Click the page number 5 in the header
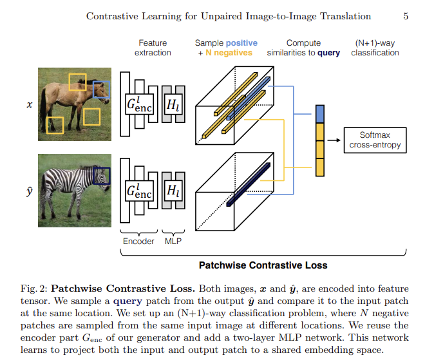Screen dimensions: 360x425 pyautogui.click(x=406, y=16)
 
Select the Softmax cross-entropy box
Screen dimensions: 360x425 pyautogui.click(x=375, y=139)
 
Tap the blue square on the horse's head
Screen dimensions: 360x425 pyautogui.click(x=101, y=90)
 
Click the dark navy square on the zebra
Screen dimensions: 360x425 pyautogui.click(x=101, y=176)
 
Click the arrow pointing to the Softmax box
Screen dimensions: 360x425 pyautogui.click(x=334, y=139)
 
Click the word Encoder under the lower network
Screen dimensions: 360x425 pyautogui.click(x=138, y=241)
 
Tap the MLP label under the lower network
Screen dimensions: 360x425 pyautogui.click(x=173, y=241)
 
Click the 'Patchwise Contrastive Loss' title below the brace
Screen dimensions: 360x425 pyautogui.click(x=263, y=265)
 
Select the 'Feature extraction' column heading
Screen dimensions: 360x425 pyautogui.click(x=153, y=48)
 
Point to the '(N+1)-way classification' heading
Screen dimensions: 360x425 pyautogui.click(x=375, y=48)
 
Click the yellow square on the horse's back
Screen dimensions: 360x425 pyautogui.click(x=77, y=81)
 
